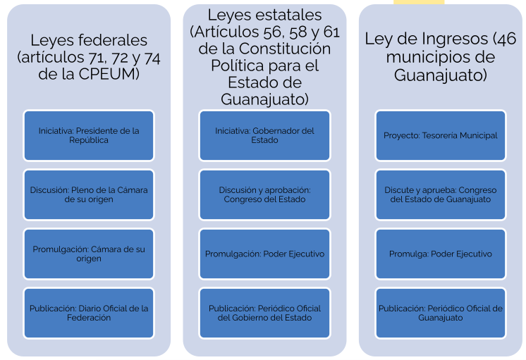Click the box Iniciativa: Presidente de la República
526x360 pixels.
click(89, 135)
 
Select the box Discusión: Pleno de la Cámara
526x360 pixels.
click(89, 194)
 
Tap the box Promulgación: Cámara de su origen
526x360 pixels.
click(89, 254)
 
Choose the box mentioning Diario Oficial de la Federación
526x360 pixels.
click(89, 313)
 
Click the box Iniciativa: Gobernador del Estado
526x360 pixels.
click(264, 135)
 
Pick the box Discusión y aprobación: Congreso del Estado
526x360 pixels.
click(264, 194)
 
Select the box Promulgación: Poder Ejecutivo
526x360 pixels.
click(264, 254)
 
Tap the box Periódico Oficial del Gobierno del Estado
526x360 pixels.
click(264, 313)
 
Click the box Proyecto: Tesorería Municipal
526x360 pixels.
click(441, 135)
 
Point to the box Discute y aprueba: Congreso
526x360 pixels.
click(441, 194)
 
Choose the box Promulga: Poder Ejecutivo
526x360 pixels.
click(441, 254)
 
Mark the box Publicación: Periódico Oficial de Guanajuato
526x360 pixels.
click(441, 313)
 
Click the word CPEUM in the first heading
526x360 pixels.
click(109, 74)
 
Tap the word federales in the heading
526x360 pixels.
click(114, 40)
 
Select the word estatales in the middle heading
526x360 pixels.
click(286, 15)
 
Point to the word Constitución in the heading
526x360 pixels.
click(285, 49)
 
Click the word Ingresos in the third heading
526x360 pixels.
click(455, 39)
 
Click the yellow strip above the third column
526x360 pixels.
click(419, 2)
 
